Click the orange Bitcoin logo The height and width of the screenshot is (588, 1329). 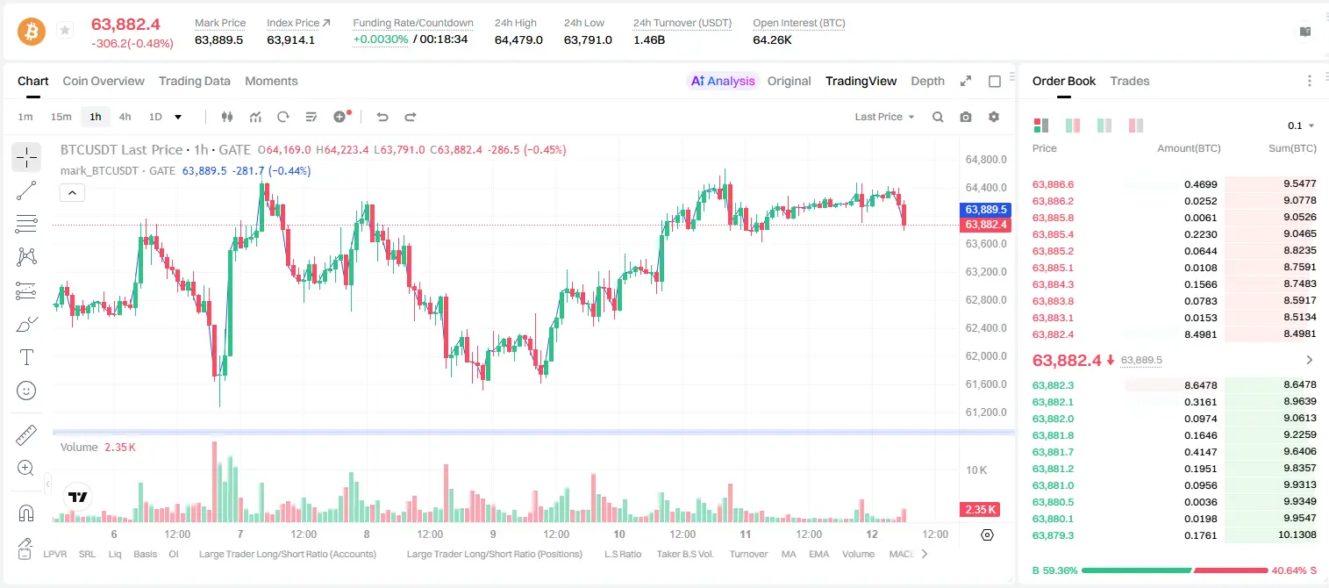32,32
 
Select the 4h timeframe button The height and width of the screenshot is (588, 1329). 125,117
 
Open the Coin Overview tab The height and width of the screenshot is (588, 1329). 104,82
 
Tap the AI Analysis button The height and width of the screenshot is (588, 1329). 723,82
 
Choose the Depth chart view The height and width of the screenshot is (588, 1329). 927,82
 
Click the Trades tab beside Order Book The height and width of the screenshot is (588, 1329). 1130,82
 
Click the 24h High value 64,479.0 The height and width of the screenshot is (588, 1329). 518,39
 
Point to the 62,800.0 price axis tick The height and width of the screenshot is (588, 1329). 986,300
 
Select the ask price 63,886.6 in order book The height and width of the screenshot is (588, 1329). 1054,184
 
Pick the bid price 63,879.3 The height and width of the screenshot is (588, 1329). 1054,535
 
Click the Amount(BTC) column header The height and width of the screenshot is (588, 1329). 1189,148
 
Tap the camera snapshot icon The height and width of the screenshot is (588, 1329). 966,117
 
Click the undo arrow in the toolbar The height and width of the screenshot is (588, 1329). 382,117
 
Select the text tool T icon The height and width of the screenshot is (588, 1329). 26,357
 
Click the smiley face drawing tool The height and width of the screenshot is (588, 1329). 26,391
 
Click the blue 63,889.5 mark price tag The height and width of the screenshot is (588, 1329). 985,210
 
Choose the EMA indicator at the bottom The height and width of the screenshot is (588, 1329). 818,554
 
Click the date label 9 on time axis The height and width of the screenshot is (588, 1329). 493,534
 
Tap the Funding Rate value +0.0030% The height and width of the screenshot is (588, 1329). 381,39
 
